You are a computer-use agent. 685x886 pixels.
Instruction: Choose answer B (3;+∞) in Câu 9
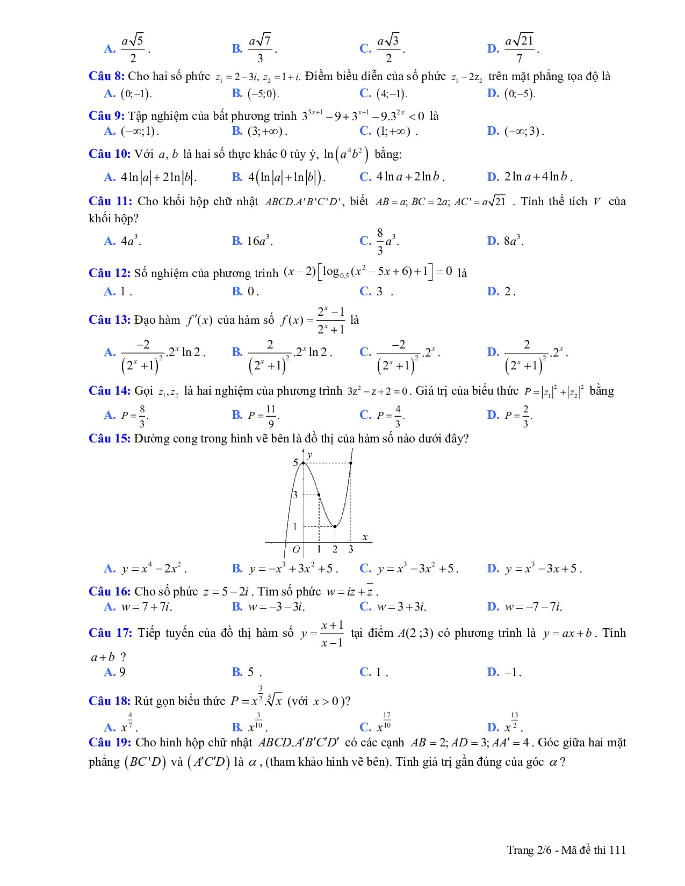coord(260,131)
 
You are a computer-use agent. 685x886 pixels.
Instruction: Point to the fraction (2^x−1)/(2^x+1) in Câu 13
coord(330,320)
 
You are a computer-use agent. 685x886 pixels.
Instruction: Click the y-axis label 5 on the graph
coord(295,462)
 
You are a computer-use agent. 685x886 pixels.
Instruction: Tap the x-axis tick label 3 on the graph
coord(351,549)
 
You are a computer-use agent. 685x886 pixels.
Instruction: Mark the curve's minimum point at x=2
coord(335,526)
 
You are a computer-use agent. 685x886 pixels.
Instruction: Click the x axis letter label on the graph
coord(365,537)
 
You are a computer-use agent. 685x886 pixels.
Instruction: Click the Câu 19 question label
coord(110,743)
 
